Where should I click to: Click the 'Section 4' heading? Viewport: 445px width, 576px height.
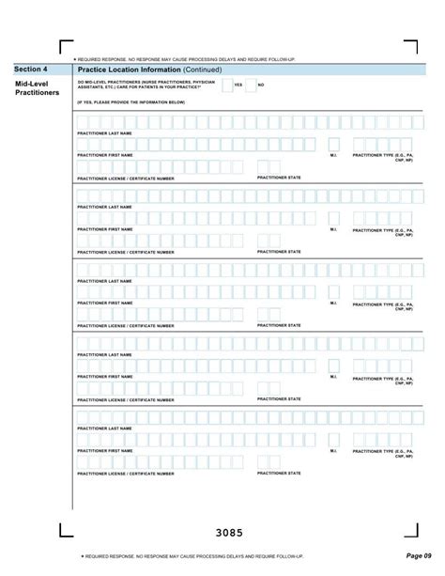[x=31, y=70]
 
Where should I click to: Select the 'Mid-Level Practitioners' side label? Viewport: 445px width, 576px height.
[x=37, y=89]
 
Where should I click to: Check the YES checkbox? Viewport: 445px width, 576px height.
[x=226, y=86]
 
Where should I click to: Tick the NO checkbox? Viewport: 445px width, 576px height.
[x=250, y=86]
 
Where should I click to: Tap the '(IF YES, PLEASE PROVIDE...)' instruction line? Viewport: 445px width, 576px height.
[x=130, y=101]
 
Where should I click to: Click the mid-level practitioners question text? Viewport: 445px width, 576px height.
[x=141, y=86]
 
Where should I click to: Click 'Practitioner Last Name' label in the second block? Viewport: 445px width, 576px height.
[x=104, y=207]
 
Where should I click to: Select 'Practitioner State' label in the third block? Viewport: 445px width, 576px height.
[x=279, y=325]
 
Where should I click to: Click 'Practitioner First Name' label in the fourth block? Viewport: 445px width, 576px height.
[x=104, y=377]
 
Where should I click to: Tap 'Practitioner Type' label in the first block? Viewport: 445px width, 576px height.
[x=382, y=156]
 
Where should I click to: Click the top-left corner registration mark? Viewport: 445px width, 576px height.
[x=66, y=47]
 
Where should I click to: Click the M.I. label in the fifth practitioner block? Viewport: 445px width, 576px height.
[x=333, y=450]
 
